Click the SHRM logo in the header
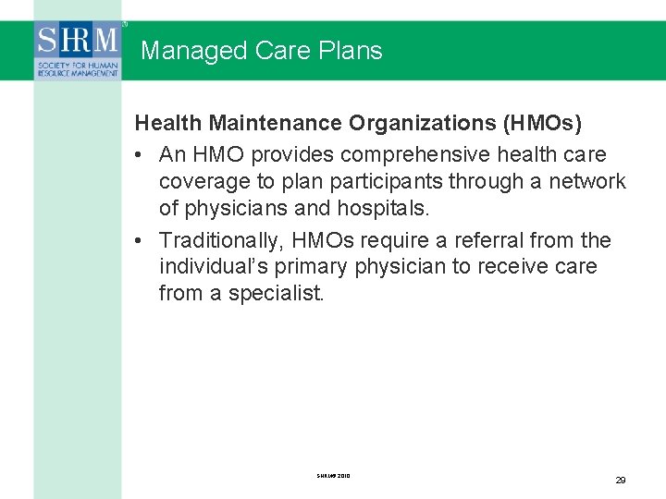point(78,51)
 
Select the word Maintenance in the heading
point(277,123)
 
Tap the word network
point(587,181)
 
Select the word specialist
point(278,295)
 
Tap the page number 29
point(621,481)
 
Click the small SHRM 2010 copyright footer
point(333,476)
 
